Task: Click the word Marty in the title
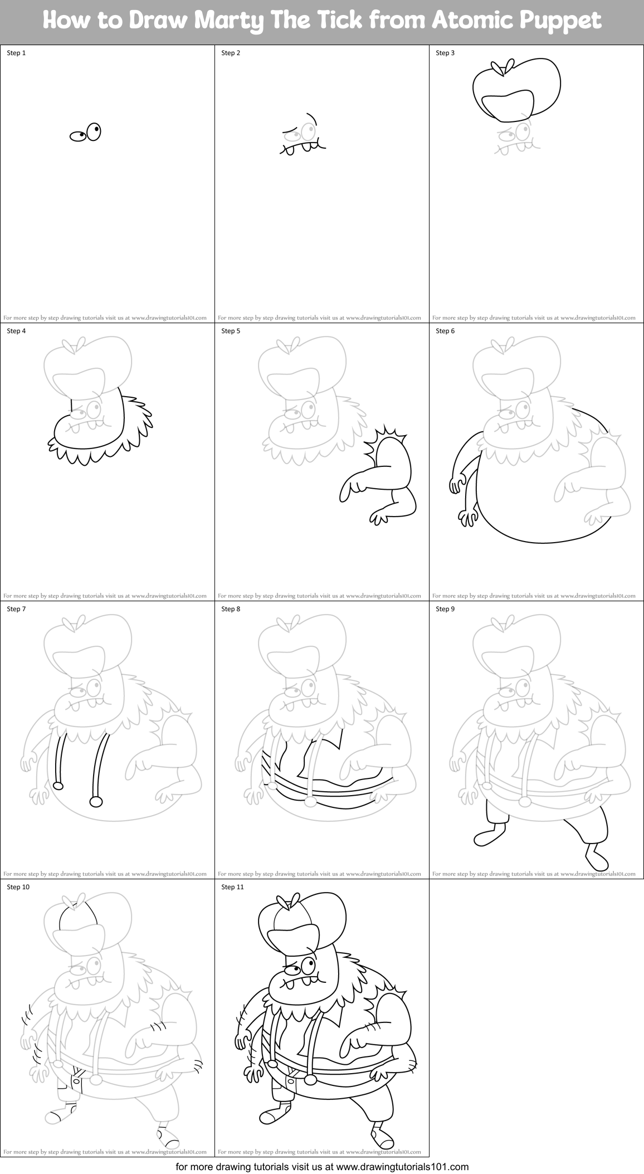tap(242, 21)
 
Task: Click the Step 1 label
tap(16, 53)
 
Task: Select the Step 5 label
tap(231, 331)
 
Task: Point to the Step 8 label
tap(231, 609)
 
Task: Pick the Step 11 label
tap(232, 887)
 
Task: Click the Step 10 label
tap(18, 887)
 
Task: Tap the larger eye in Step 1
tap(94, 131)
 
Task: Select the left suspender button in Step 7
tap(57, 786)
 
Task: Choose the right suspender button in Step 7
tap(96, 802)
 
